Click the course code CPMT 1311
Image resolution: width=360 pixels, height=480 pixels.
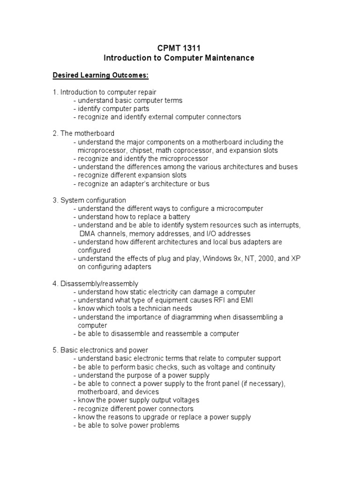coord(180,48)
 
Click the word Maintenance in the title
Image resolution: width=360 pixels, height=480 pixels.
coord(229,58)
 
